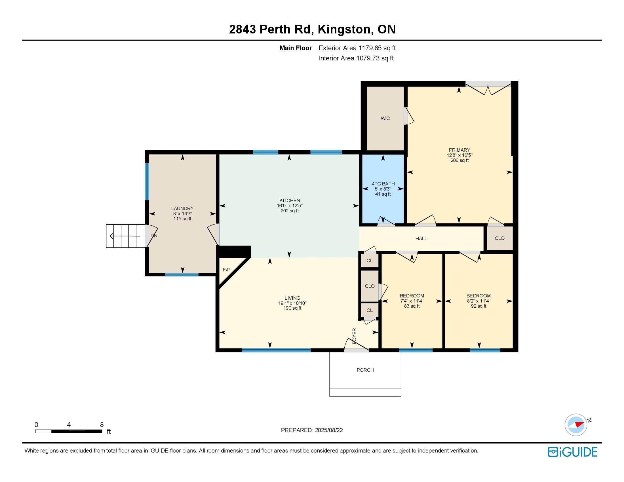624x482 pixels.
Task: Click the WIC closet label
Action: (385, 118)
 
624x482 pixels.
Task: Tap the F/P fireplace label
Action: (227, 270)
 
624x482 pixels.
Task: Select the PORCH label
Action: (365, 370)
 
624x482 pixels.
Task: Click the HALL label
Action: (421, 238)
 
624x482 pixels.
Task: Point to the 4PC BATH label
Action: (383, 184)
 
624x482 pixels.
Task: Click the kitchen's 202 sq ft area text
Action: (290, 211)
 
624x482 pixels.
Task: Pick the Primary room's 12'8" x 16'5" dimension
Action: (459, 155)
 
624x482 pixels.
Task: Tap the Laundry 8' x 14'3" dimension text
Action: (182, 213)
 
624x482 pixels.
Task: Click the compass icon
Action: (576, 425)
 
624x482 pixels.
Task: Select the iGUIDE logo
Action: (573, 452)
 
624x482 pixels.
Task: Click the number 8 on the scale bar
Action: (102, 425)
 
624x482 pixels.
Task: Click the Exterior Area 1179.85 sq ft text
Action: (357, 48)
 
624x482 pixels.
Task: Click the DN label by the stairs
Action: (154, 236)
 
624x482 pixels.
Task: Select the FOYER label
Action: (355, 336)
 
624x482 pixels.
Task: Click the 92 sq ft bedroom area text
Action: (478, 306)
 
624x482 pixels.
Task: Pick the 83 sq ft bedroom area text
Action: (412, 306)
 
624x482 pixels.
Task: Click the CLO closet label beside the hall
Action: (499, 238)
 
